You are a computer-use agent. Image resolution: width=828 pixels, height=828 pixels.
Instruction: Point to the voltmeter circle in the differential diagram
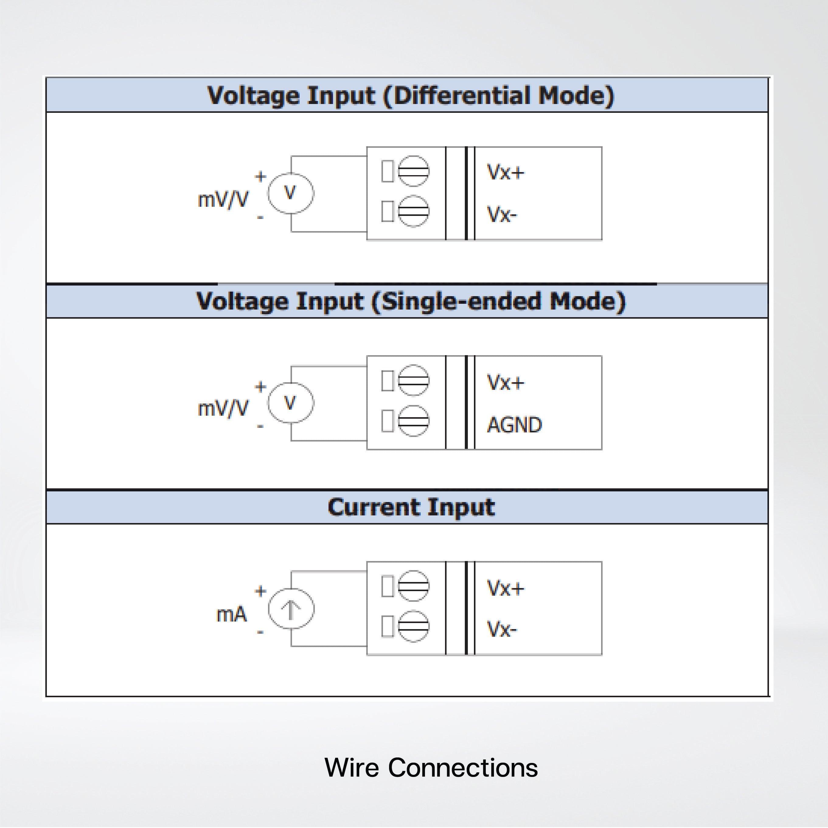pos(291,193)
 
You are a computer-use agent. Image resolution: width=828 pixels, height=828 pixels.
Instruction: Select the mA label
pos(231,615)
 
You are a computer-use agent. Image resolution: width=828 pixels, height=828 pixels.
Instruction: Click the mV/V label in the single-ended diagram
pos(223,408)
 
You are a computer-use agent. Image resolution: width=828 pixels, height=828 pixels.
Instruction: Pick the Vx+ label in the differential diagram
pos(506,172)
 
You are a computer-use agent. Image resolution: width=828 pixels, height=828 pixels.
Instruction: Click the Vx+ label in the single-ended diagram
pos(506,382)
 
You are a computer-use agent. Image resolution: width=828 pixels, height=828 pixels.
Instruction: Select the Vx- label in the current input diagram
pos(502,629)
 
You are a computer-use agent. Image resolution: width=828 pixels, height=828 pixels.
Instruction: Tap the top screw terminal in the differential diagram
pos(413,171)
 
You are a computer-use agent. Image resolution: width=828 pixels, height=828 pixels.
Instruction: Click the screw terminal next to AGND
pos(413,421)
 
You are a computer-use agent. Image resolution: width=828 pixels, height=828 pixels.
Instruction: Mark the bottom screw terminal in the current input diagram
pos(413,626)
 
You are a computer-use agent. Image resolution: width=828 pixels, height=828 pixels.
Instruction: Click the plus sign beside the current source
pos(260,591)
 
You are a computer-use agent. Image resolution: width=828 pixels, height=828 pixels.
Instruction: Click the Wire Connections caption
pos(431,767)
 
